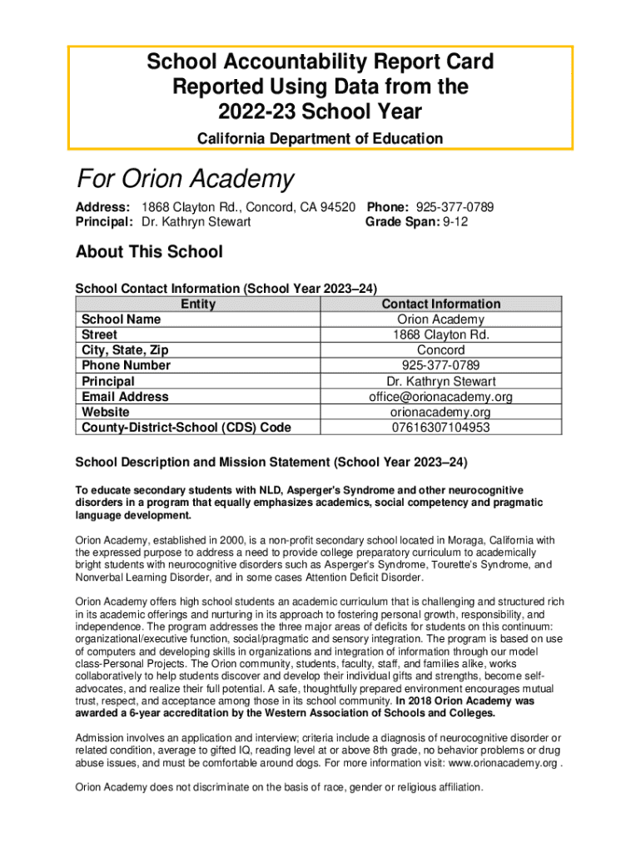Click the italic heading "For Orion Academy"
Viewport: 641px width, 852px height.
pos(185,178)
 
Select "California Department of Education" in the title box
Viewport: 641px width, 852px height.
pos(320,138)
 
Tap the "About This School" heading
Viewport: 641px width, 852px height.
pos(149,251)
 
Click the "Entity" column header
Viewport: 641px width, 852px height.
pos(197,304)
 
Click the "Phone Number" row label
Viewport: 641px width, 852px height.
pos(126,366)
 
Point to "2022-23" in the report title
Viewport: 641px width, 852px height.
pos(250,111)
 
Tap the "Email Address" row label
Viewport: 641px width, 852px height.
pos(124,398)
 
